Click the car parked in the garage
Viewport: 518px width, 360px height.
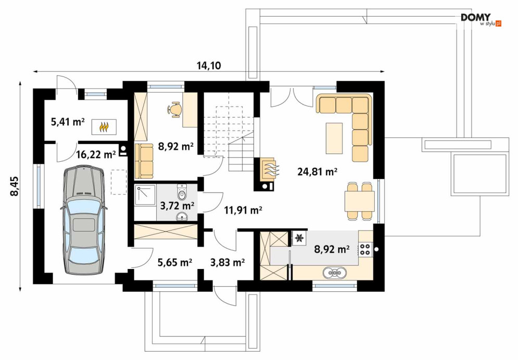(84, 220)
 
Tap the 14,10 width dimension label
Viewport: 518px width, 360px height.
(209, 66)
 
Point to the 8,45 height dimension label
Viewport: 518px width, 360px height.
(15, 186)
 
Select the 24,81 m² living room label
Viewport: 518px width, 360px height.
(317, 172)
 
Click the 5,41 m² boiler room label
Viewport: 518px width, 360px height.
(68, 122)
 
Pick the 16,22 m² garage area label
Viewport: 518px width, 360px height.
(96, 154)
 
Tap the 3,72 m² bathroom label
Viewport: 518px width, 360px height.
(177, 206)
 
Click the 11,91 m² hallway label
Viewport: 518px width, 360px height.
(244, 210)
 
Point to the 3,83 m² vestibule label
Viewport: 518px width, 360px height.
(228, 262)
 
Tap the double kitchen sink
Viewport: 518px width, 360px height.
(335, 273)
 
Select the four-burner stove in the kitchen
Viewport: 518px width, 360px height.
(365, 249)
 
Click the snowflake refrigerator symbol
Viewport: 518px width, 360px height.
(300, 238)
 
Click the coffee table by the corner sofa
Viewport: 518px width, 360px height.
(334, 138)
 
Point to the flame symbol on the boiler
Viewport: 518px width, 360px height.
(104, 126)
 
